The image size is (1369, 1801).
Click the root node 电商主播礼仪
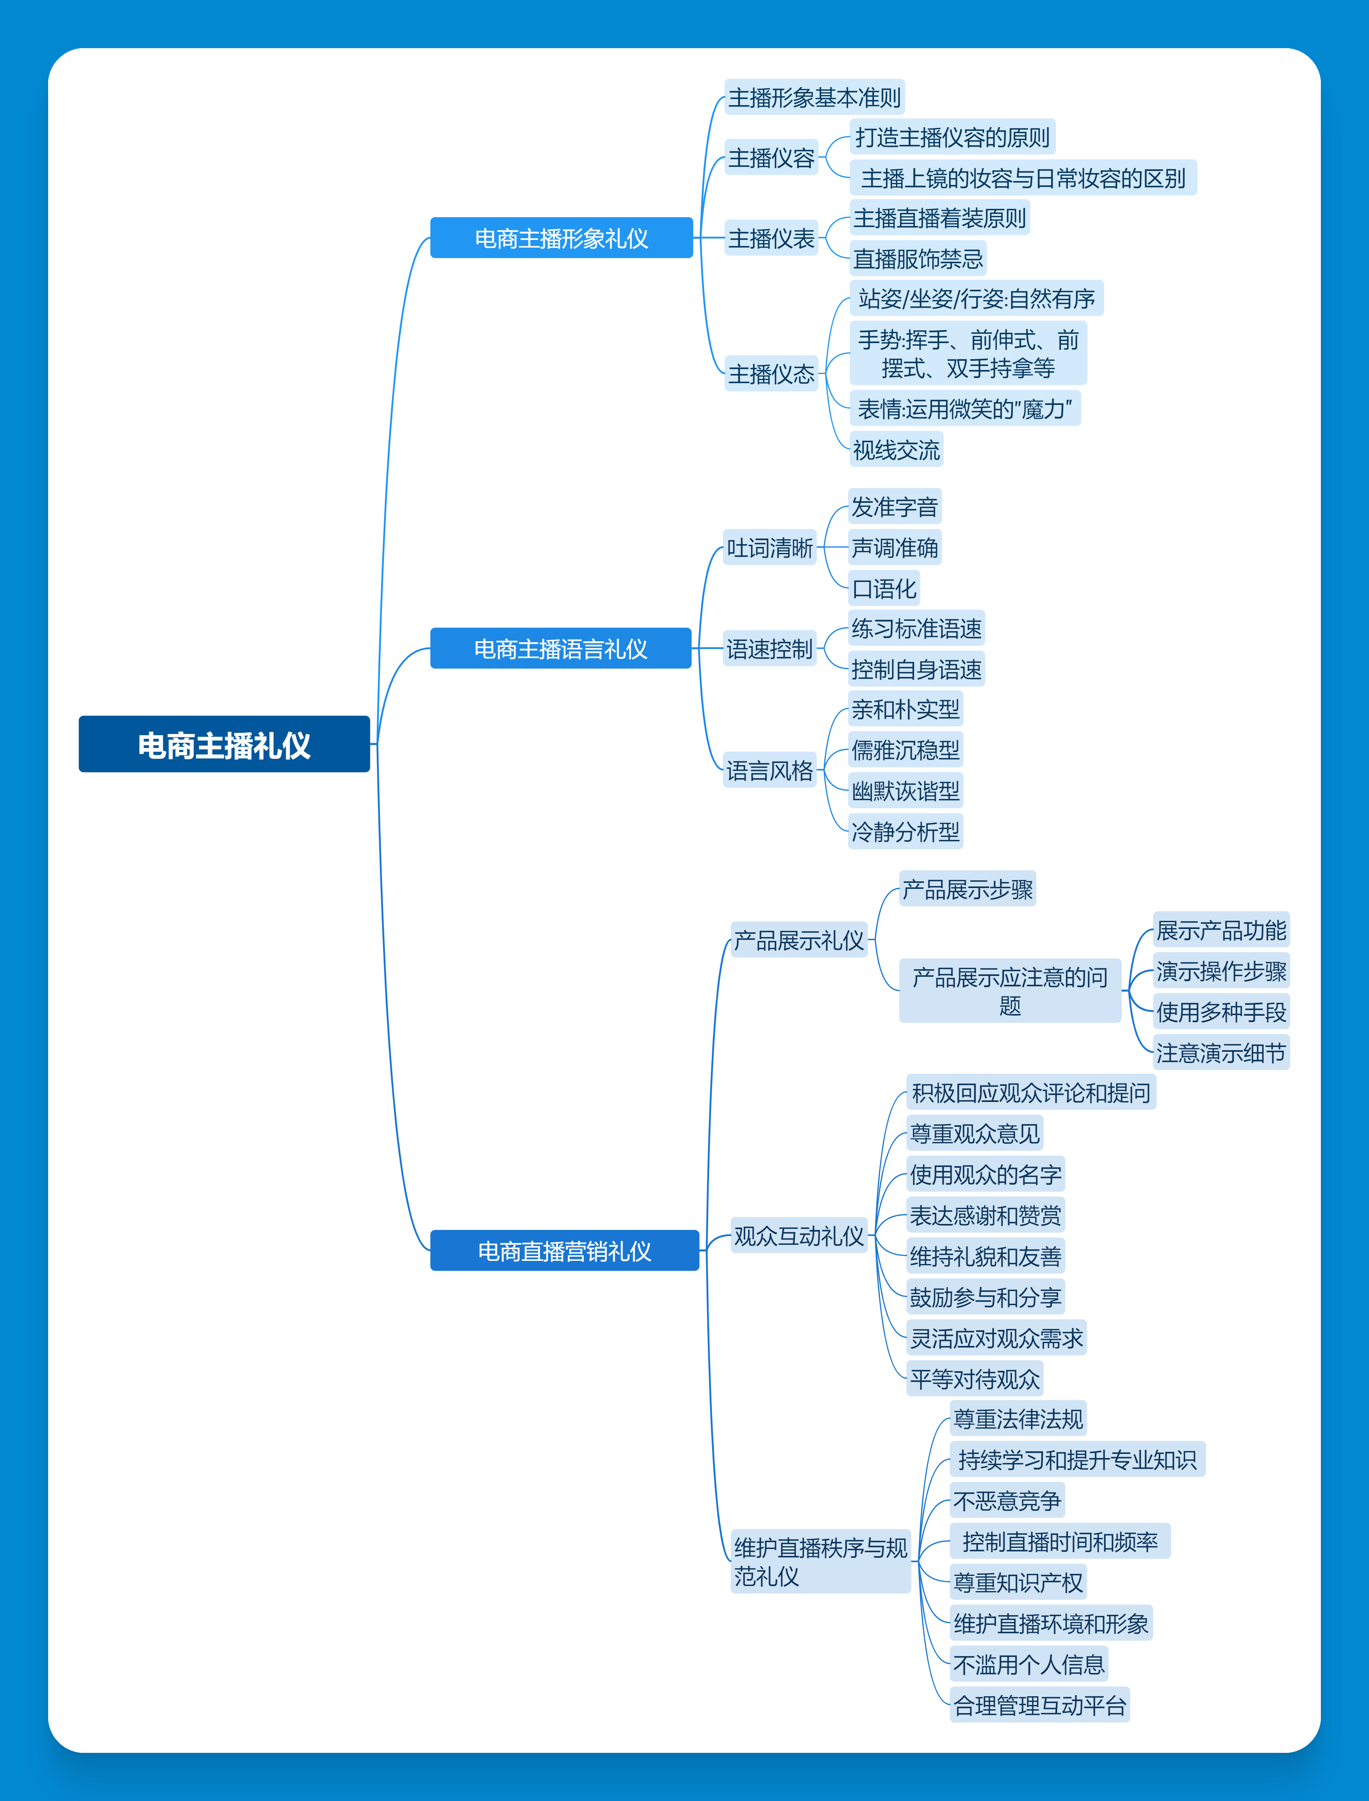(224, 744)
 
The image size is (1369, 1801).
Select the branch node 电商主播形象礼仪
(561, 238)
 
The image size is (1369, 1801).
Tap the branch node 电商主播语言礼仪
(561, 648)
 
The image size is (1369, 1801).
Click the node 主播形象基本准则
(814, 98)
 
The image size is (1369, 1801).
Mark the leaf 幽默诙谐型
(905, 791)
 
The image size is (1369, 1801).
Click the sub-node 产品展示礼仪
(798, 941)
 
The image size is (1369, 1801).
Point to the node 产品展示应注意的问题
(1009, 990)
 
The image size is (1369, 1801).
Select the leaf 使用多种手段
(1221, 1012)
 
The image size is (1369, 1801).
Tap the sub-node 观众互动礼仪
(798, 1236)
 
